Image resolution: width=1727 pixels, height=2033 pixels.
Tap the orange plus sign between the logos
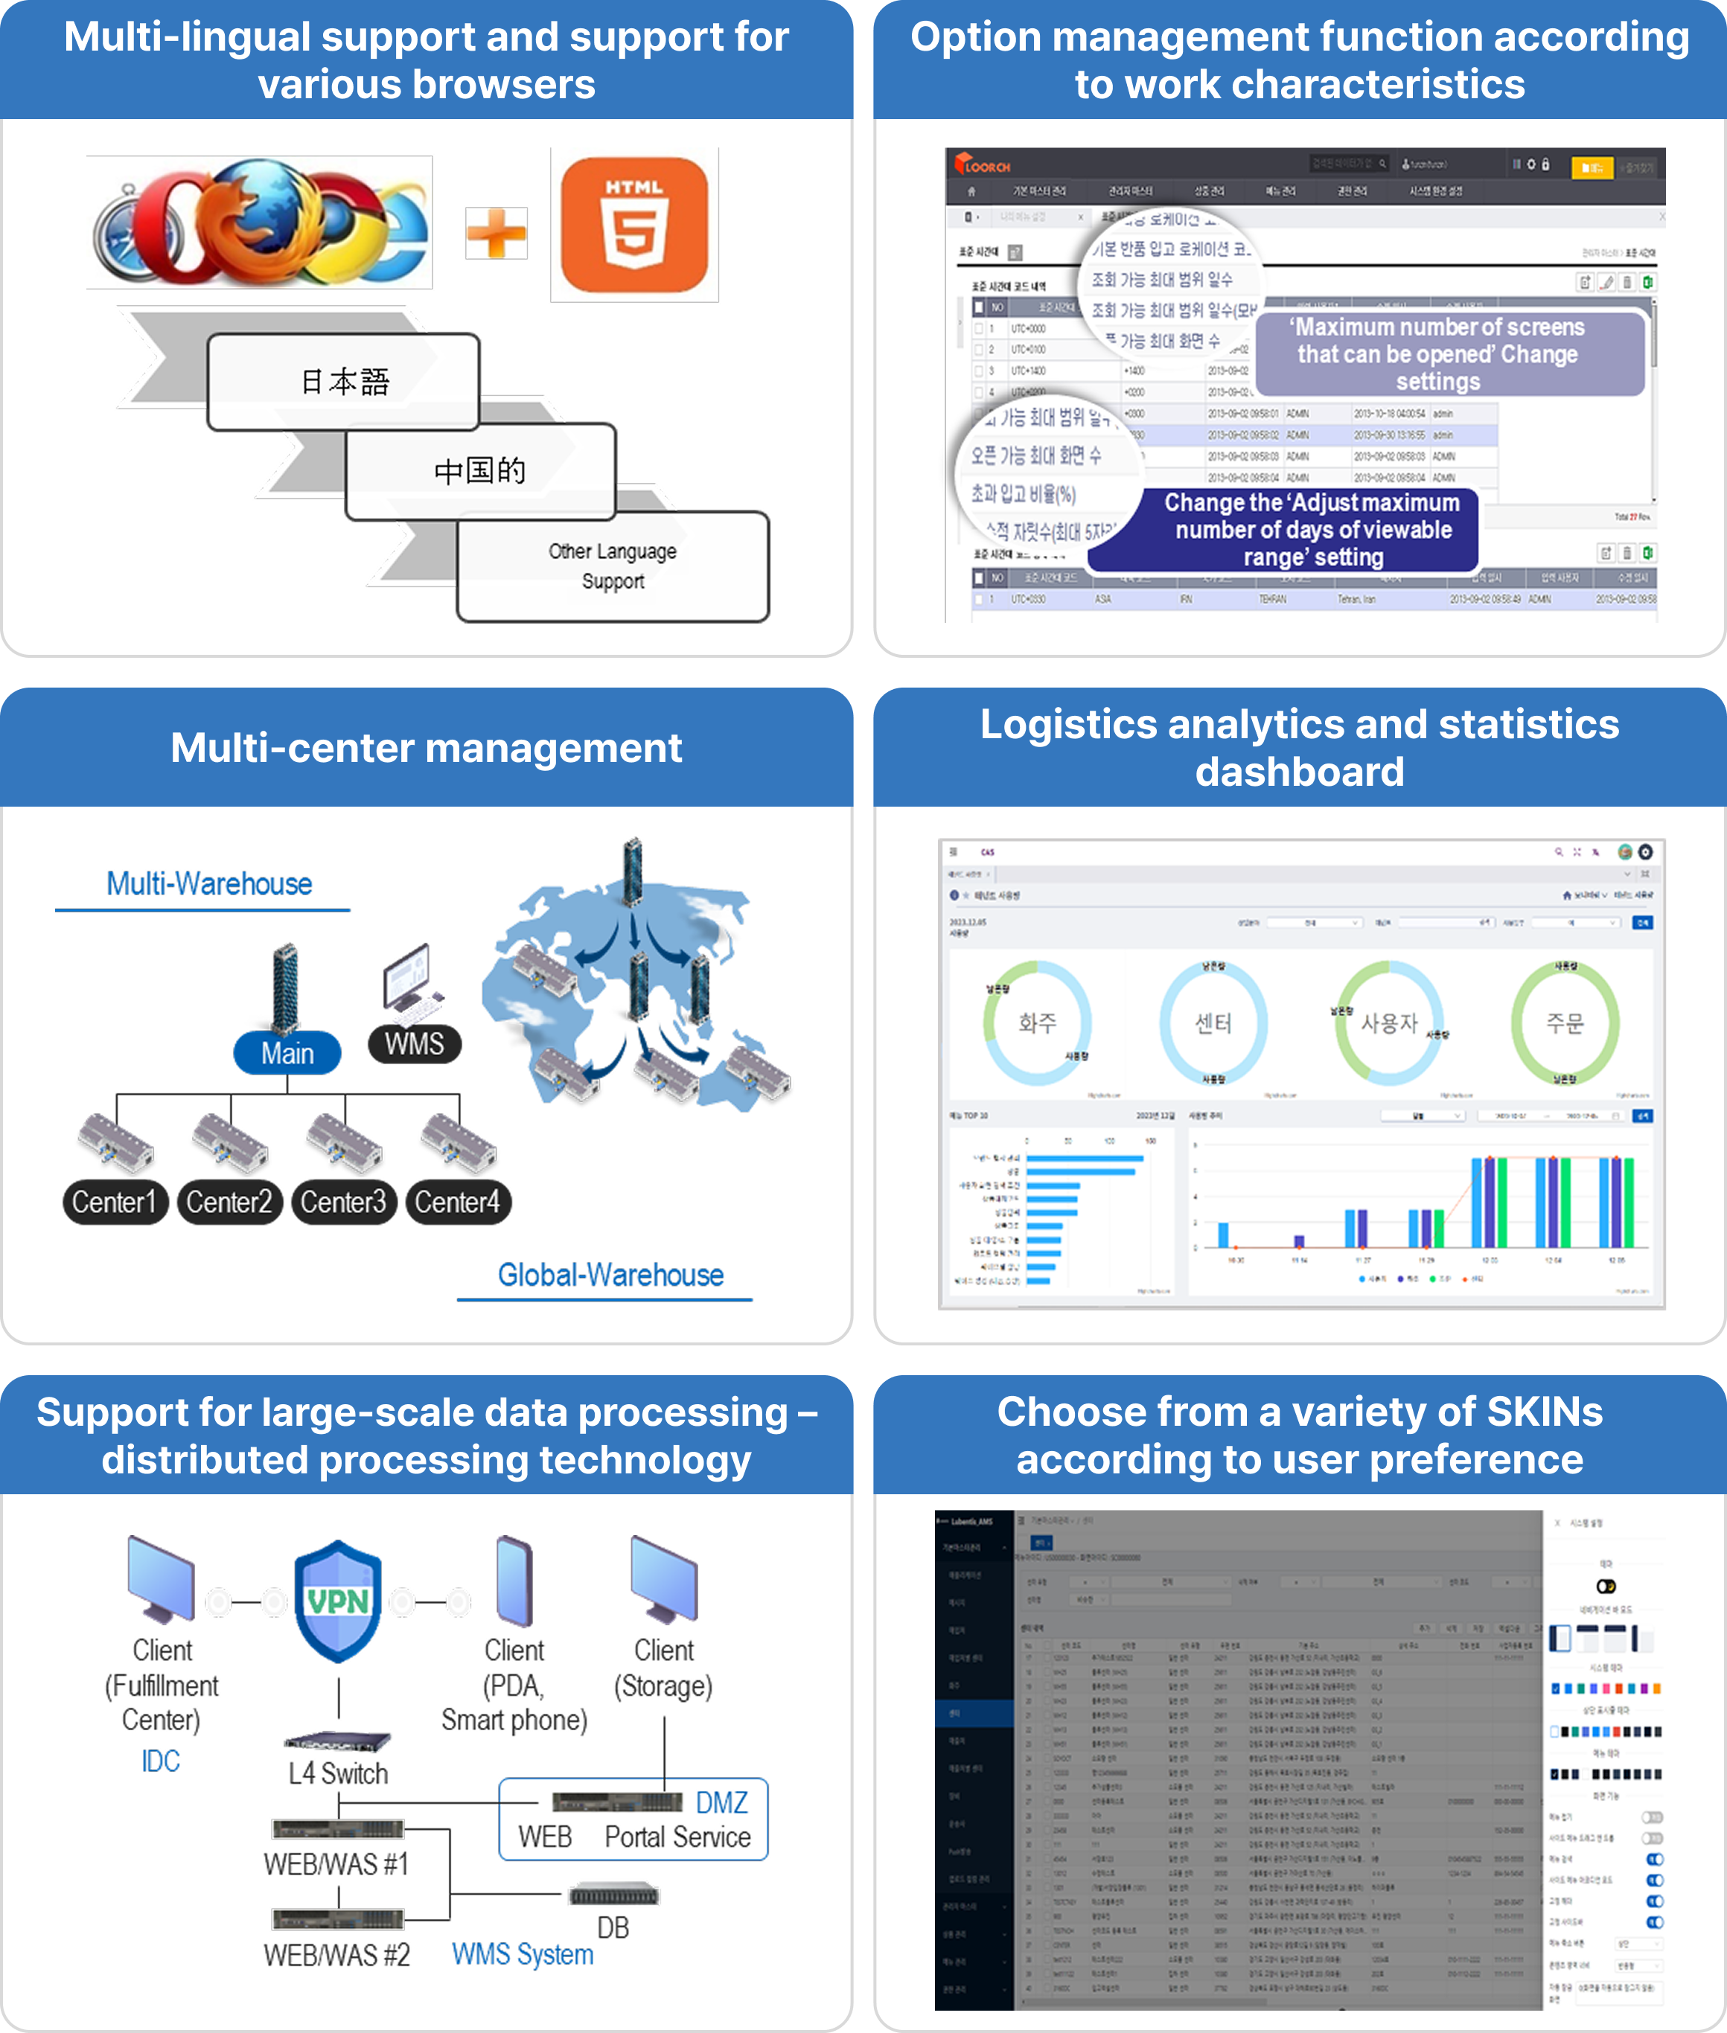pos(497,234)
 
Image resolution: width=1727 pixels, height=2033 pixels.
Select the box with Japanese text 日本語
pos(344,381)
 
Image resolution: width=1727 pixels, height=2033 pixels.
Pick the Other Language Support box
pos(613,566)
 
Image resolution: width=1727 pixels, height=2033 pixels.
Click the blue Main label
pos(287,1053)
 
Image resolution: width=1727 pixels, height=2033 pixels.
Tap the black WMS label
pos(414,1043)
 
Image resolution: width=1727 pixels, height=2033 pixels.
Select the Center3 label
pos(344,1202)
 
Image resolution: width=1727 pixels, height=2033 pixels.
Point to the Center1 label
pos(115,1202)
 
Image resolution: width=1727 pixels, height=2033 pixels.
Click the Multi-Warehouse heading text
pos(208,884)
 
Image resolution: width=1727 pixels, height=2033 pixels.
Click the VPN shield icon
pos(338,1601)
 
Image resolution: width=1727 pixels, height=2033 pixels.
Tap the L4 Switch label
pos(338,1773)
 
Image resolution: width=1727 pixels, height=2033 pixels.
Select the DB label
pos(613,1927)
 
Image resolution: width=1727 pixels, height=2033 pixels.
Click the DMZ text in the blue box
pos(721,1802)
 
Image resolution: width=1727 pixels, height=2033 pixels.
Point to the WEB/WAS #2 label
pos(336,1955)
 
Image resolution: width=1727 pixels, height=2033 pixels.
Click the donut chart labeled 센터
pos(1213,1023)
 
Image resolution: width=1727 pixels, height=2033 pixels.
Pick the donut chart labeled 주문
pos(1565,1023)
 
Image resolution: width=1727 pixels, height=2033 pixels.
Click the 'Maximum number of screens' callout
pos(1437,353)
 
